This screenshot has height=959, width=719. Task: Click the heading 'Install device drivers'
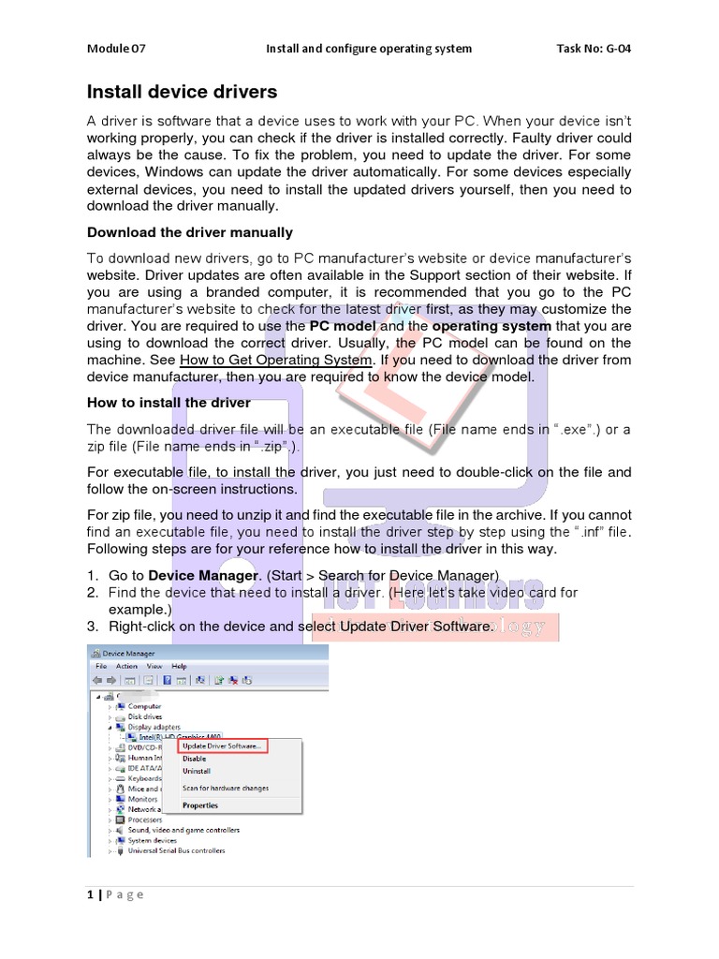coord(182,92)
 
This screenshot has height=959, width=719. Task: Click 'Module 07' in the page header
coord(117,49)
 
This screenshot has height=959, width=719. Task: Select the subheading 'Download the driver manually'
coord(189,232)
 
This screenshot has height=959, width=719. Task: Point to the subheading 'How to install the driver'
coord(169,403)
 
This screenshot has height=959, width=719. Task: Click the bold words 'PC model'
coord(343,326)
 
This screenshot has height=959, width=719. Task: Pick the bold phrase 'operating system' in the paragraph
coord(492,326)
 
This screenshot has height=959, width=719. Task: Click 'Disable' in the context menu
coord(195,759)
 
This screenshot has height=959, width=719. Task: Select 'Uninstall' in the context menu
coord(197,771)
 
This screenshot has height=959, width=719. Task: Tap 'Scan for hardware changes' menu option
coord(225,789)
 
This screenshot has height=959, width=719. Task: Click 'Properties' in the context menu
coord(200,805)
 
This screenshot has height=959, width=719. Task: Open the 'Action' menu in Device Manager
coord(126,667)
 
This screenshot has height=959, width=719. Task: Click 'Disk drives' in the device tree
coord(145,716)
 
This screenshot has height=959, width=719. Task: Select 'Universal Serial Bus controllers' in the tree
coord(176,851)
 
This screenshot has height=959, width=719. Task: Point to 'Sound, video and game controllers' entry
coord(183,830)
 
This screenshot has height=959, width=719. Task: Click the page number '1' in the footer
coord(90,894)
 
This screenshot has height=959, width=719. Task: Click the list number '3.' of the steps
coord(93,626)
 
